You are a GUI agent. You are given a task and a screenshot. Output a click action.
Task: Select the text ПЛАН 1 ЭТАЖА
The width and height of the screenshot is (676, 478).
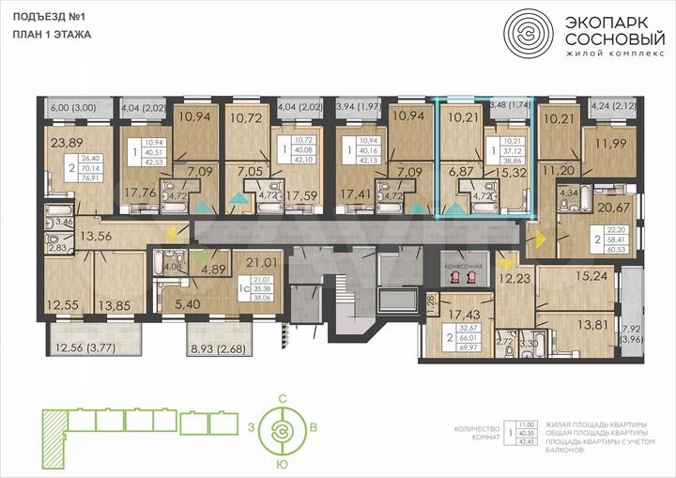coord(52,34)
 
